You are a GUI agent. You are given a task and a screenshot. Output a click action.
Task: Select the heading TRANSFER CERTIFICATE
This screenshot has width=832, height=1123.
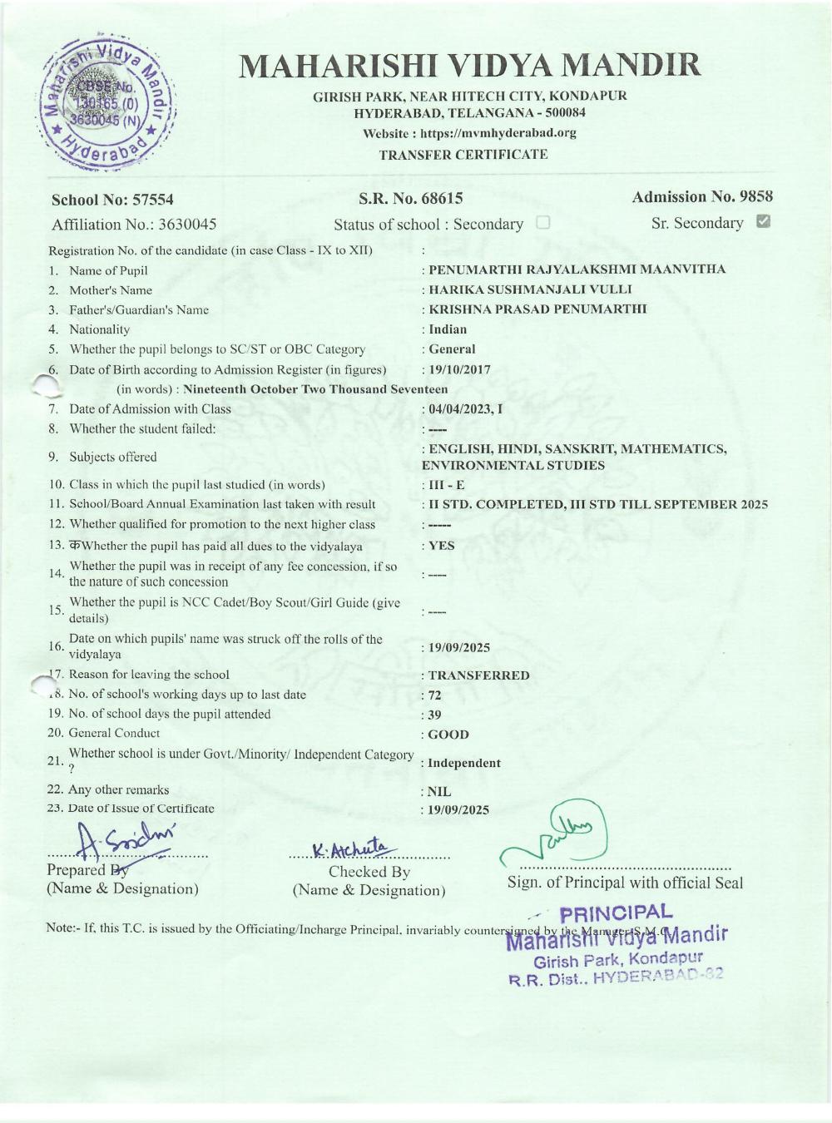point(463,155)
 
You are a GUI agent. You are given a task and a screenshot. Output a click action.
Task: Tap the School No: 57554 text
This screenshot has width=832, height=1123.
point(112,200)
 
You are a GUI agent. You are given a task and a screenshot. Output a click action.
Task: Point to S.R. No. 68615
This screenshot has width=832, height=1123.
point(410,199)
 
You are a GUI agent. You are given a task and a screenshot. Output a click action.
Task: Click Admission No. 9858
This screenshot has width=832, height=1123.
point(701,197)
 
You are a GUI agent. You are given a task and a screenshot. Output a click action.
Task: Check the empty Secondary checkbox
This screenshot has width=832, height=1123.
point(543,223)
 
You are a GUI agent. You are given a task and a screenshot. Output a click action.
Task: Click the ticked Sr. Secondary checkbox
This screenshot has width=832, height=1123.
point(763,221)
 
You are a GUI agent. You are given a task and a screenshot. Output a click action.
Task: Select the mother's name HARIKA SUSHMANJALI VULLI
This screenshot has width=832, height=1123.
point(530,289)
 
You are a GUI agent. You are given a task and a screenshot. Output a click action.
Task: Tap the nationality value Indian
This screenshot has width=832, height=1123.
point(448,329)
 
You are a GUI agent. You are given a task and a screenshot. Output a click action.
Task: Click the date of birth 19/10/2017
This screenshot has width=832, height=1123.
point(459,369)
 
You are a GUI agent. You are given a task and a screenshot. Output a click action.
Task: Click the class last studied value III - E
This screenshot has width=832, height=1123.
point(447,485)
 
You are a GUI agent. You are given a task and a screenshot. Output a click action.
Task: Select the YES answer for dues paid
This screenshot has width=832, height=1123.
point(442,546)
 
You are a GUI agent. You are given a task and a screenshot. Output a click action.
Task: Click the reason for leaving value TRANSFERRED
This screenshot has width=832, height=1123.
point(478,675)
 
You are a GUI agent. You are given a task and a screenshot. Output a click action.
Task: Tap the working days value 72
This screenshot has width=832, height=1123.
point(435,695)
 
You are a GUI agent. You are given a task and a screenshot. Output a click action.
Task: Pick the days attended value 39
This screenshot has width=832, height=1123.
point(435,715)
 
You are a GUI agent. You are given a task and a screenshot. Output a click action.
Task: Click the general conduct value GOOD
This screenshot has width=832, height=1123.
point(448,735)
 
